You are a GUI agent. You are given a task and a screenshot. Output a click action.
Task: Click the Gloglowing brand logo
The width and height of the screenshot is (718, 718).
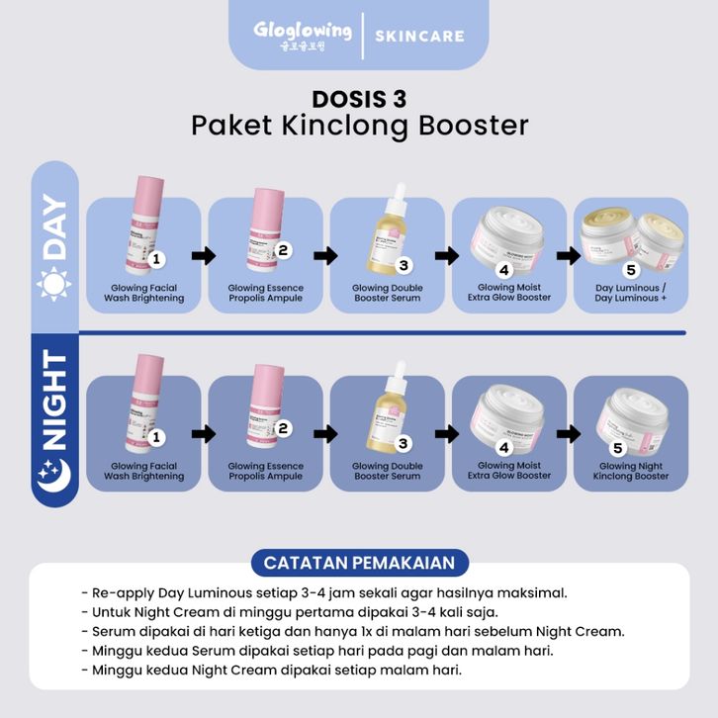tap(302, 35)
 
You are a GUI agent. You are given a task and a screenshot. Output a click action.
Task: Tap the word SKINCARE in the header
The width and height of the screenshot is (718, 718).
tap(419, 36)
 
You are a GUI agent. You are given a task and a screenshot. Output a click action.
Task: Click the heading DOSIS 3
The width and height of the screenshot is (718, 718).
tap(359, 99)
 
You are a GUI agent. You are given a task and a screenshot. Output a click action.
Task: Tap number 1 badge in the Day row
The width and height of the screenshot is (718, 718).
tap(156, 258)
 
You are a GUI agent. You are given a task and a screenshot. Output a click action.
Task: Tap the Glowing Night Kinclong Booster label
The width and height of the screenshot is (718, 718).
tap(630, 471)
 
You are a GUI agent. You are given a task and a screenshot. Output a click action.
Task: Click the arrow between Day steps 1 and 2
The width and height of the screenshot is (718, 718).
tap(204, 256)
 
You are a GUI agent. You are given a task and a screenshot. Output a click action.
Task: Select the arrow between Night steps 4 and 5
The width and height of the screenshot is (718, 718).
tap(568, 433)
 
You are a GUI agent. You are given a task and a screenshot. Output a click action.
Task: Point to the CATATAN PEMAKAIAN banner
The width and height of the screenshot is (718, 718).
tap(359, 563)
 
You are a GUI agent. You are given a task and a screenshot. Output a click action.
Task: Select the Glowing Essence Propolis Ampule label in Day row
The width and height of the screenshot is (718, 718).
tap(266, 292)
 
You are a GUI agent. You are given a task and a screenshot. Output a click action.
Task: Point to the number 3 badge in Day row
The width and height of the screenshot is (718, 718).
tap(404, 265)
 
